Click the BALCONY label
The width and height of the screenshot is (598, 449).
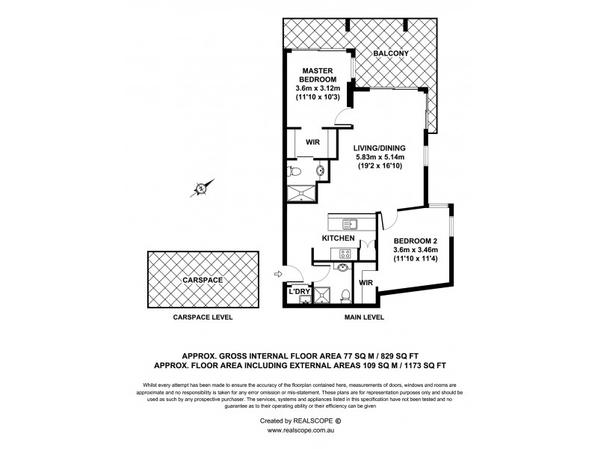[392, 53]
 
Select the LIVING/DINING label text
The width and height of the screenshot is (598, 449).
[379, 148]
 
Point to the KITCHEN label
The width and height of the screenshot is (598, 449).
[338, 238]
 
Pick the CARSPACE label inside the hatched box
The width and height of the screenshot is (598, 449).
[203, 280]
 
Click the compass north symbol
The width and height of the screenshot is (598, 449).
[202, 187]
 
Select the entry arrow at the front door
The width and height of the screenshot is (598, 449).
[278, 273]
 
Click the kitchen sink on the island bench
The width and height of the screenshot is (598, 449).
[350, 223]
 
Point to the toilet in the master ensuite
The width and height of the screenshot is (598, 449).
[295, 171]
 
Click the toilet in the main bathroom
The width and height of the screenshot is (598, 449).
[344, 294]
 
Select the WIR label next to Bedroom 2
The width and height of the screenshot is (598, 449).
[366, 283]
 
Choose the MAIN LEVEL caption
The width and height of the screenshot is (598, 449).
[364, 317]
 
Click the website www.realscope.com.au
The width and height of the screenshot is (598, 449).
[299, 430]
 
